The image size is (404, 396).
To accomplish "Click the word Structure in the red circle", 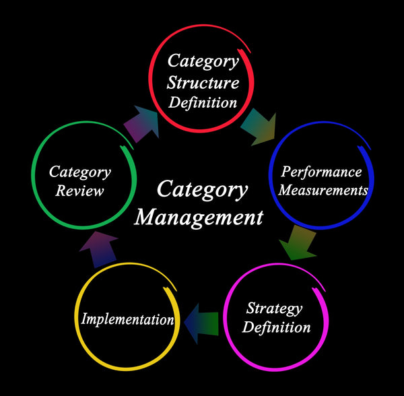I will pyautogui.click(x=203, y=84).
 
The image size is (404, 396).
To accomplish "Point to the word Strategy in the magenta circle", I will pyautogui.click(x=274, y=309).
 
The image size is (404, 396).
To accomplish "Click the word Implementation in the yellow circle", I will pyautogui.click(x=127, y=319).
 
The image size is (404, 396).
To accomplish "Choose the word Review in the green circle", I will pyautogui.click(x=80, y=191).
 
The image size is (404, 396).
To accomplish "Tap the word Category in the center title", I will pyautogui.click(x=202, y=189).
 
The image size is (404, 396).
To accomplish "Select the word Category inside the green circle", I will pyautogui.click(x=80, y=172).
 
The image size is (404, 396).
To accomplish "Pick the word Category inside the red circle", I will pyautogui.click(x=203, y=63).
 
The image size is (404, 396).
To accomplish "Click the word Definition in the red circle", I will pyautogui.click(x=203, y=103).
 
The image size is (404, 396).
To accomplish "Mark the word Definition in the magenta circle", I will pyautogui.click(x=277, y=328).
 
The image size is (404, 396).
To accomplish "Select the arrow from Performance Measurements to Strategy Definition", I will pyautogui.click(x=297, y=243).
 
